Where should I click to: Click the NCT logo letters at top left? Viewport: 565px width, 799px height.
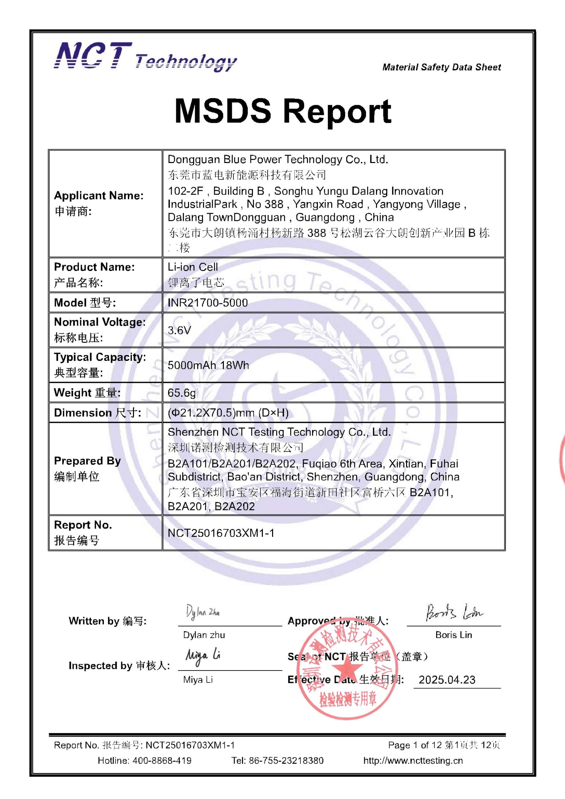[93, 56]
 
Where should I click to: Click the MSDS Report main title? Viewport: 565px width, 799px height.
[283, 111]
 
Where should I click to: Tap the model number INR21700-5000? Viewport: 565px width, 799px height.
[208, 303]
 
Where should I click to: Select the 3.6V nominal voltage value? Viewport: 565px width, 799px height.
[179, 330]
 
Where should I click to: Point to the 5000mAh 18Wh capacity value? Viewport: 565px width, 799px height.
[208, 365]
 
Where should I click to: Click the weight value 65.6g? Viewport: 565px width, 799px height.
[181, 393]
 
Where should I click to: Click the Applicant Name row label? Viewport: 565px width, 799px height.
[98, 196]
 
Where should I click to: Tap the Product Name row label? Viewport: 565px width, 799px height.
[94, 267]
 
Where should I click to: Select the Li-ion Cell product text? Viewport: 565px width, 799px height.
[192, 267]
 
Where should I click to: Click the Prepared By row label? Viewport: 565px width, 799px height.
[87, 461]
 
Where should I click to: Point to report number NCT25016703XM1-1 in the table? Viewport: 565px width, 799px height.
[221, 533]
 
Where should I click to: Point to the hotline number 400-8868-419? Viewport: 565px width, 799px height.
[161, 760]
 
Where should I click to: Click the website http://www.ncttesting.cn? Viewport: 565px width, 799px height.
[413, 760]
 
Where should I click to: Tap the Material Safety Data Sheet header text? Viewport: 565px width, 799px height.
[442, 67]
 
